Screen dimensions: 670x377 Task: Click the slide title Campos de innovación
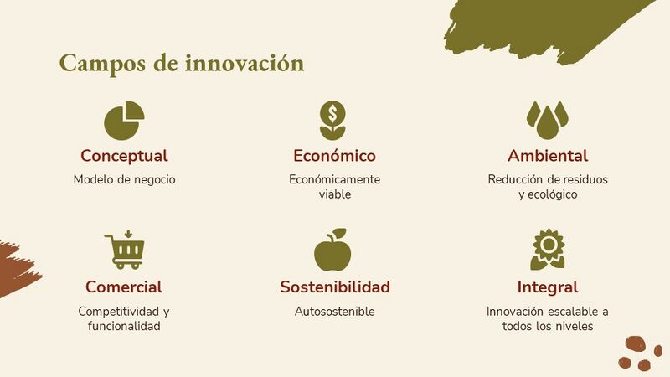[x=182, y=65]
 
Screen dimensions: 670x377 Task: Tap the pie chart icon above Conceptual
[x=123, y=121]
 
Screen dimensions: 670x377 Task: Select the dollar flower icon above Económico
[x=332, y=121]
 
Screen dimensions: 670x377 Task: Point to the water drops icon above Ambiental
[x=548, y=120]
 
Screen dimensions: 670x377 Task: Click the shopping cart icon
[x=124, y=250]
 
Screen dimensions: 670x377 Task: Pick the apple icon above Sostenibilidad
[x=332, y=250]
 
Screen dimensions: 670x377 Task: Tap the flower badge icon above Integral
[x=548, y=250]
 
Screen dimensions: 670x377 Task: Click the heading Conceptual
[x=124, y=156]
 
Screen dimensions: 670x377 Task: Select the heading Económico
[x=334, y=156]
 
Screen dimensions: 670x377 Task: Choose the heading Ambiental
[x=548, y=156]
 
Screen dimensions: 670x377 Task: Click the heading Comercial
[x=124, y=287]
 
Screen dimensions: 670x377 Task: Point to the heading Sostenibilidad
[x=335, y=287]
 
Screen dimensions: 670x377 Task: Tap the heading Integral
[x=548, y=287]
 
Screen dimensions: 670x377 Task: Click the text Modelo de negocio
[x=124, y=179]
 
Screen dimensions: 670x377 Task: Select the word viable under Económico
[x=335, y=194]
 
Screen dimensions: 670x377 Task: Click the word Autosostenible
[x=334, y=312]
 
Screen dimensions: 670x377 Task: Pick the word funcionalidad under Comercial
[x=124, y=326]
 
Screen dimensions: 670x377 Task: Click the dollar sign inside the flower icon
[x=332, y=114]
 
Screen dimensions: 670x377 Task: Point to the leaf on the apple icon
[x=339, y=233]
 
